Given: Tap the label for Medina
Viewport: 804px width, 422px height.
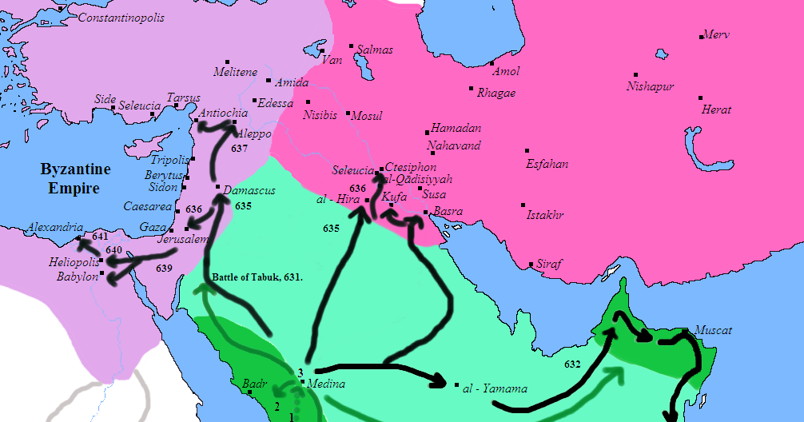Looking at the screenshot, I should (325, 384).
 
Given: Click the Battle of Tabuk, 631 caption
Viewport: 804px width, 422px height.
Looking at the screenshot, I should (257, 277).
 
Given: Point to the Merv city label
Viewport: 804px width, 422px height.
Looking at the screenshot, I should (716, 35).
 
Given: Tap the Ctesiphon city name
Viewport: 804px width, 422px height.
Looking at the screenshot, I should (411, 167).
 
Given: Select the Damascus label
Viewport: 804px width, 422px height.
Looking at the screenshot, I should (249, 191).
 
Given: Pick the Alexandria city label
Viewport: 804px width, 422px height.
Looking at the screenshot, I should (54, 227).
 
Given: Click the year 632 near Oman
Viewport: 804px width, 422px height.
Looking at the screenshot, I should (572, 364).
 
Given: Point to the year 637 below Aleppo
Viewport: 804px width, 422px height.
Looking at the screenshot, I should (239, 149).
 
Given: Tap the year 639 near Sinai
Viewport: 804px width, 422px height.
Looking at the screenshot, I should (164, 268).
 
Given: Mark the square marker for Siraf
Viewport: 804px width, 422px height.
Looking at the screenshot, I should (531, 265).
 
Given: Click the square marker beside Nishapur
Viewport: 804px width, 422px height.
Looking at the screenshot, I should (635, 74).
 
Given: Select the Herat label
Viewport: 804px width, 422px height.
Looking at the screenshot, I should (716, 109).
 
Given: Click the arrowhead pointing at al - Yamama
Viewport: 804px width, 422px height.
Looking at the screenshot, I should (438, 383).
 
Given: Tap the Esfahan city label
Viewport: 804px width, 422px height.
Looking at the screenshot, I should (547, 164).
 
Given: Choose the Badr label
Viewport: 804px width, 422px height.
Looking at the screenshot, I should (253, 384).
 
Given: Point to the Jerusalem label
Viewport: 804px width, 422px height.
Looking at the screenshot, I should (183, 239).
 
